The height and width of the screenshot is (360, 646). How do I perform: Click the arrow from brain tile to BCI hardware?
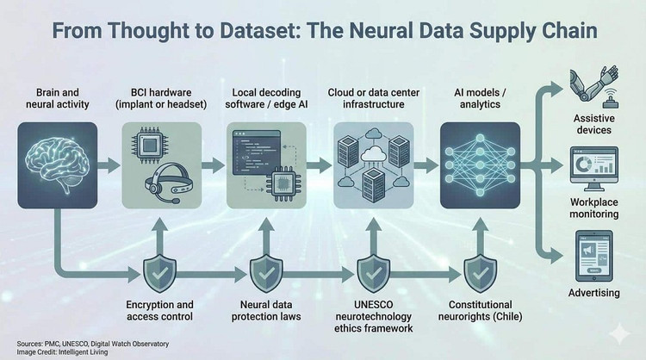tap(108, 164)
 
